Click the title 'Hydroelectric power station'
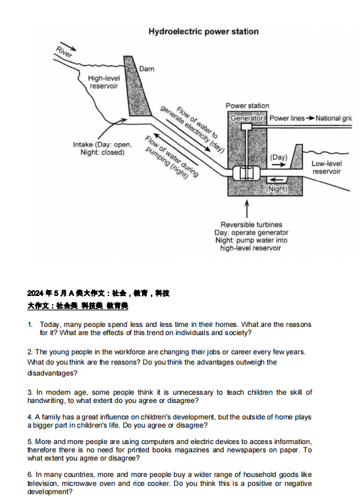[204, 32]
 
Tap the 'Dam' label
[146, 69]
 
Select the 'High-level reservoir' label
[104, 82]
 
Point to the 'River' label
[64, 51]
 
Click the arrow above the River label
[68, 46]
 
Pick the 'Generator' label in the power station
[246, 118]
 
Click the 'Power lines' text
[287, 118]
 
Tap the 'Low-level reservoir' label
[326, 167]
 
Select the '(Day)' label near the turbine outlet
[278, 157]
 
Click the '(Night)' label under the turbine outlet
[276, 189]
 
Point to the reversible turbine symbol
[246, 173]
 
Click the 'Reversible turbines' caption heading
[251, 225]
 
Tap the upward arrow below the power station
[247, 209]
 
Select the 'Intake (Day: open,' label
[102, 145]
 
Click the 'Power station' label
[248, 106]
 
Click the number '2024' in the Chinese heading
[35, 293]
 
